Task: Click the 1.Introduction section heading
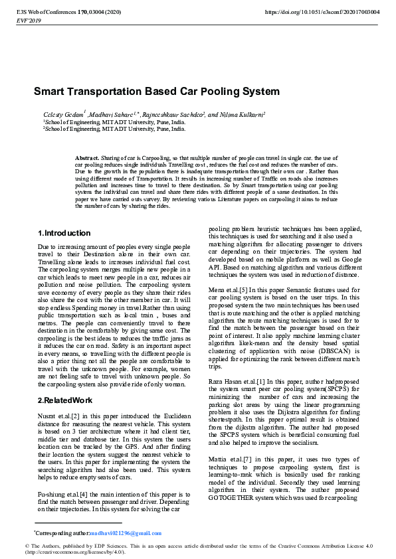(x=64, y=233)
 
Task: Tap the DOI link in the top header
(x=322, y=12)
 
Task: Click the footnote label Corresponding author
(x=62, y=533)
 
